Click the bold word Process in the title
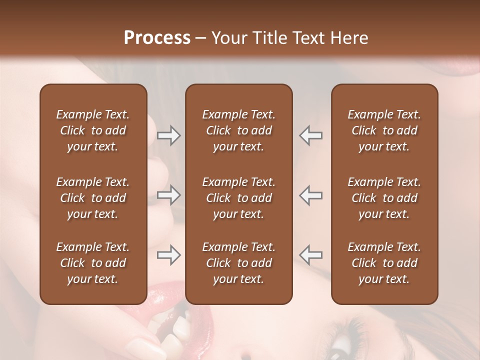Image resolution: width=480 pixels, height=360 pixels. (x=157, y=38)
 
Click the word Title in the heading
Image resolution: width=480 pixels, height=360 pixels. (x=272, y=38)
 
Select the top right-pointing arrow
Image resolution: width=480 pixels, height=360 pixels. (x=168, y=135)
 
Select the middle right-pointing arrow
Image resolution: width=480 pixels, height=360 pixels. (x=168, y=195)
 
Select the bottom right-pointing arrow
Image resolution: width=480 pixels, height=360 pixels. (x=168, y=255)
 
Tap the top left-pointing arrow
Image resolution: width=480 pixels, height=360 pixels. (x=310, y=135)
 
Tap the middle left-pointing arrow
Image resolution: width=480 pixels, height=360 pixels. (x=310, y=195)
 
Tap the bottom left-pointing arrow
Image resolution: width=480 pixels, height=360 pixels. (x=310, y=255)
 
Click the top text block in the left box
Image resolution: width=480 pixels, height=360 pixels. (x=93, y=130)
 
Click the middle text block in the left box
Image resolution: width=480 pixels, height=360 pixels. (x=93, y=198)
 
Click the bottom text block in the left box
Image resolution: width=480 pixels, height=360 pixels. (x=93, y=263)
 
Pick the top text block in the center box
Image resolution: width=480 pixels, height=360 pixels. (x=238, y=130)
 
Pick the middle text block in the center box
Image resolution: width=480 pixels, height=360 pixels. (x=238, y=198)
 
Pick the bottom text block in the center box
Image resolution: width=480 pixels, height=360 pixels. (x=238, y=263)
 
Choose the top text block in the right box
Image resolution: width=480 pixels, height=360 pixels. (x=384, y=130)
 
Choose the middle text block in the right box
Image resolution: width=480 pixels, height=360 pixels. (x=384, y=198)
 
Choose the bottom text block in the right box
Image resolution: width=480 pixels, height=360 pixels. (x=384, y=263)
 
